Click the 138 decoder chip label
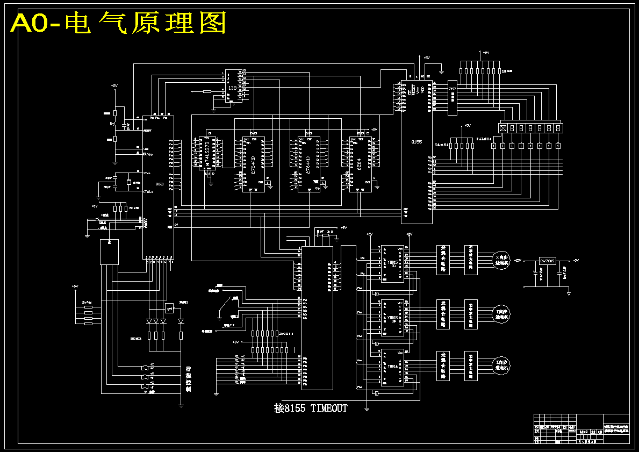point(232,88)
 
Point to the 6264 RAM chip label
point(358,163)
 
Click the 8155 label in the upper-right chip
point(416,142)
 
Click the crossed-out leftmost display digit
point(503,128)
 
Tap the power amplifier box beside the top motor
point(471,260)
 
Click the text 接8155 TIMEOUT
point(311,408)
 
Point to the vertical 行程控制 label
point(188,379)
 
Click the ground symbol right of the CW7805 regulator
point(569,293)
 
